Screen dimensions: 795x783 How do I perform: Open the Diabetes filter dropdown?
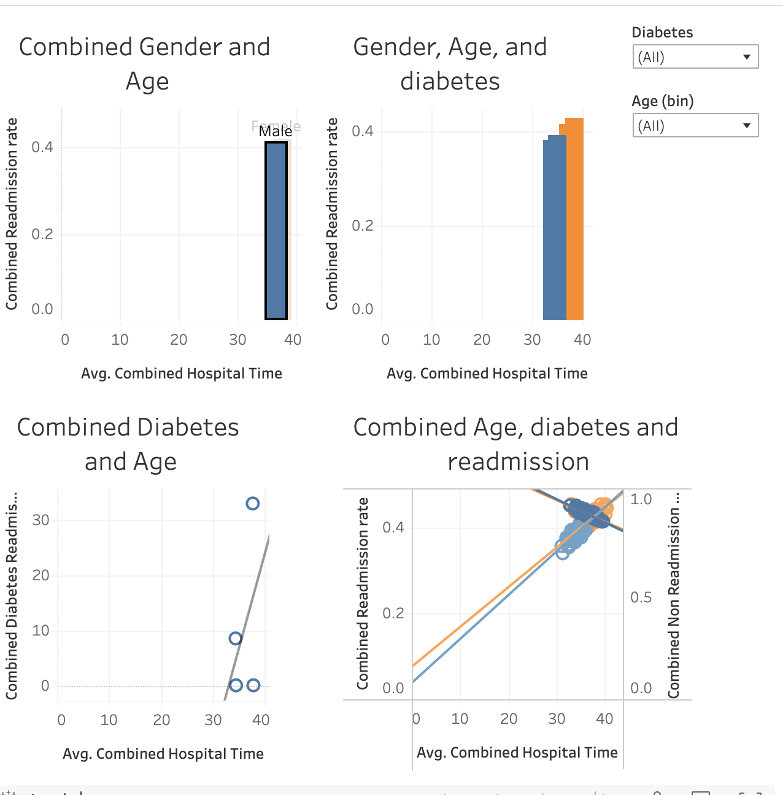pos(695,57)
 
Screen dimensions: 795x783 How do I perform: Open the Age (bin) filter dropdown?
pos(695,126)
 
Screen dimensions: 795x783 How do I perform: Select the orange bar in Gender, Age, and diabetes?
pos(575,221)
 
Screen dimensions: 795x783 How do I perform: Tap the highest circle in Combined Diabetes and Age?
pos(252,504)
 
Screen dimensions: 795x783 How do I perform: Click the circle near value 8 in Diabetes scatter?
pos(235,639)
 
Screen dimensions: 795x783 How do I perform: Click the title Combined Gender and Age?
pos(145,64)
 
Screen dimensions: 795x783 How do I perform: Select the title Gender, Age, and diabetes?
pos(450,64)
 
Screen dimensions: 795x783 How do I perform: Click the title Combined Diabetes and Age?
pos(128,444)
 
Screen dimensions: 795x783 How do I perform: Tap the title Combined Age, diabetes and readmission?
pos(515,444)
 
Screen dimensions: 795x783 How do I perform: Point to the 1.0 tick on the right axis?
pos(641,499)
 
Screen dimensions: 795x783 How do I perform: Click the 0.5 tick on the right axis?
pos(641,597)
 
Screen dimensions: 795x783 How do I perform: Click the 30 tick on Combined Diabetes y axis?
pos(40,520)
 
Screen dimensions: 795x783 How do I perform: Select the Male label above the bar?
pos(275,131)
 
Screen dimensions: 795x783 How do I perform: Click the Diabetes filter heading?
pos(662,33)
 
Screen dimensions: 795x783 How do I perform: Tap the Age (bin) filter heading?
pos(663,101)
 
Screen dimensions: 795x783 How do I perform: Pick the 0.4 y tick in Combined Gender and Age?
pos(42,147)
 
